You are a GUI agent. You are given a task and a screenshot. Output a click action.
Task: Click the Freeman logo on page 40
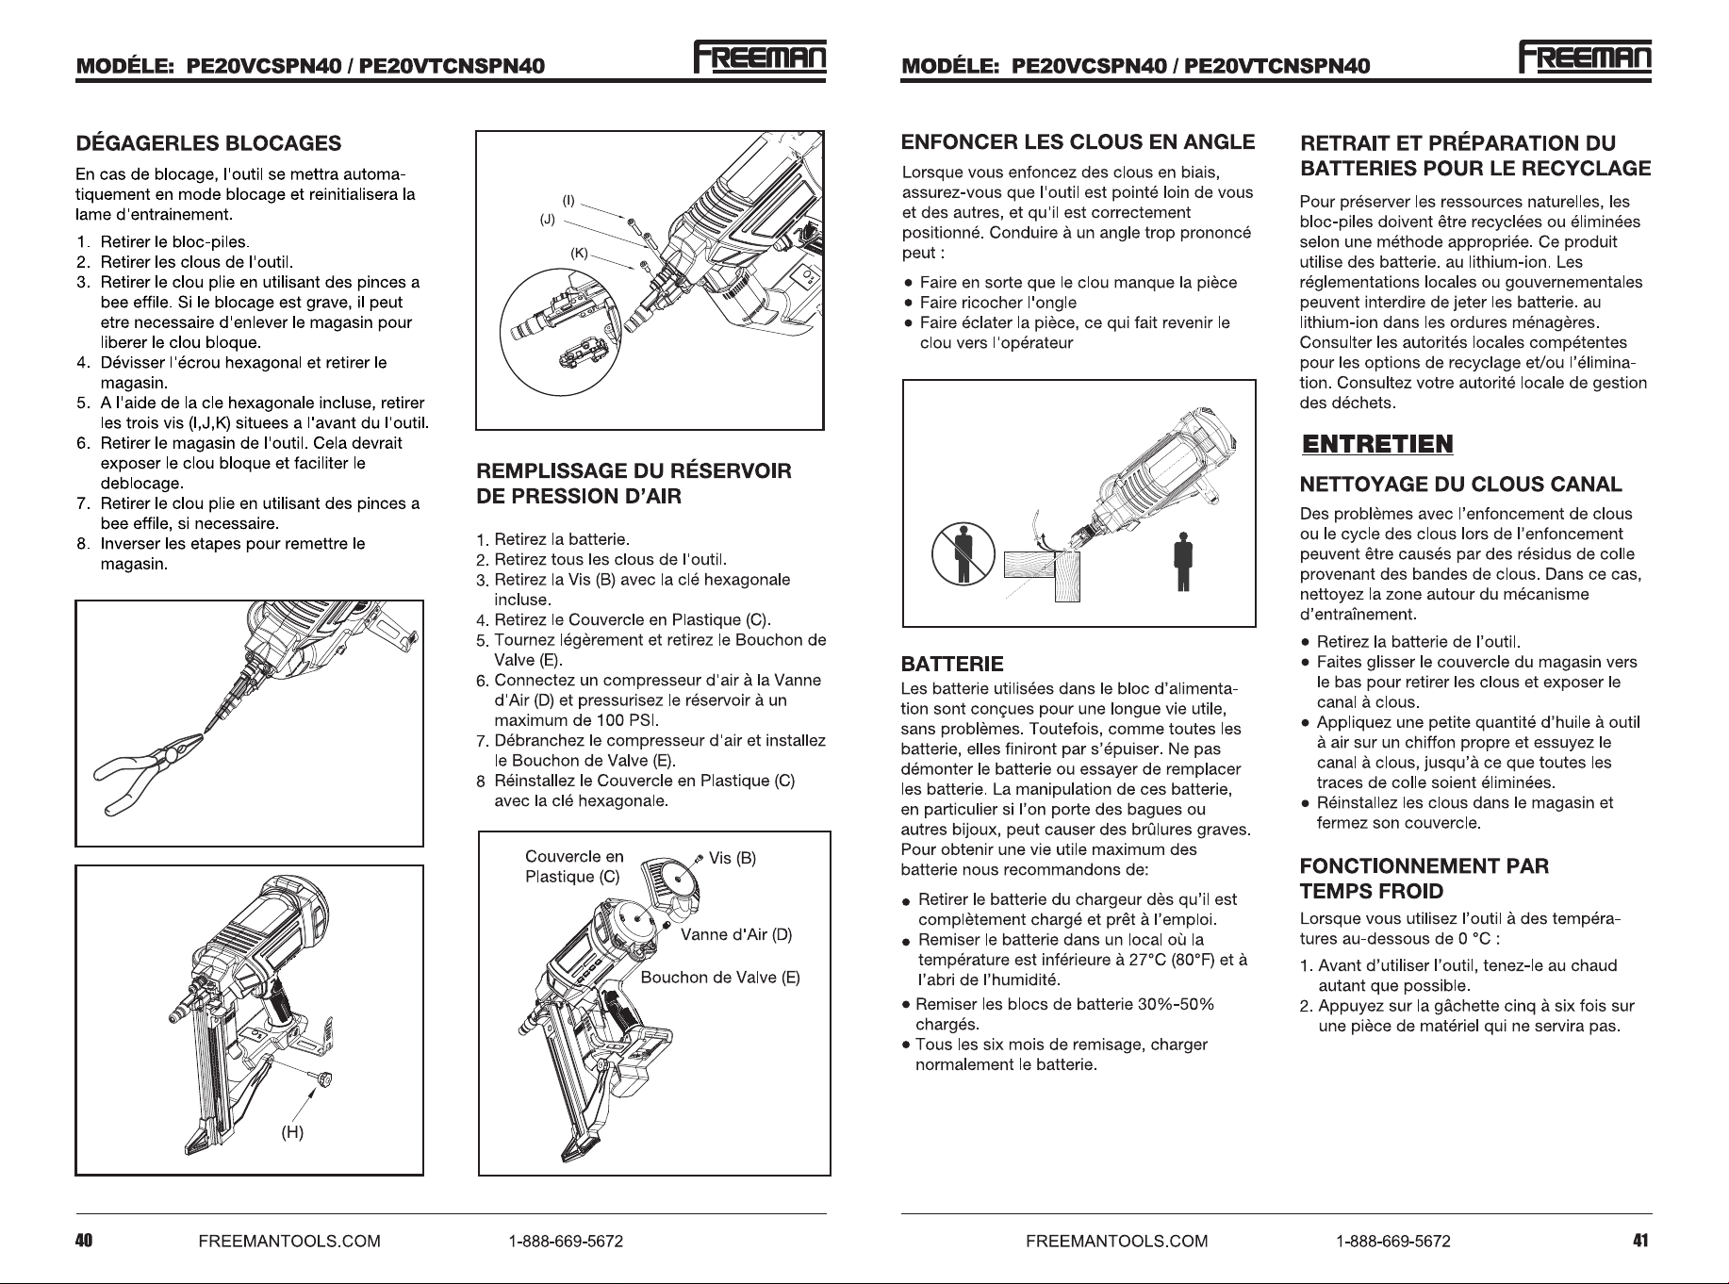point(760,58)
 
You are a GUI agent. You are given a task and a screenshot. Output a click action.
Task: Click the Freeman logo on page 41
point(1586,58)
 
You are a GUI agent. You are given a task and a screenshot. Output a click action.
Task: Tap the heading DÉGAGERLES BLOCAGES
point(208,143)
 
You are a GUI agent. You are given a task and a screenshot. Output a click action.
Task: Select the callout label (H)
point(293,1132)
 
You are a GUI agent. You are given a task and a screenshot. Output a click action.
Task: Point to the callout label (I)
point(568,201)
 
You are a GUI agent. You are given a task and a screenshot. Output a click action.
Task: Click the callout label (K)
point(580,253)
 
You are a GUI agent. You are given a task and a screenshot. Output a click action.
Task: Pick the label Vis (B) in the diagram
point(733,858)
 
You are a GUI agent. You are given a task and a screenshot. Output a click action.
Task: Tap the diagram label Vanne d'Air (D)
point(736,935)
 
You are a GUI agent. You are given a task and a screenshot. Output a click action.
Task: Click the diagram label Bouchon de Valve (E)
point(720,978)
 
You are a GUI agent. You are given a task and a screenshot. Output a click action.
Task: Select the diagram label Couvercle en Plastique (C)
point(574,867)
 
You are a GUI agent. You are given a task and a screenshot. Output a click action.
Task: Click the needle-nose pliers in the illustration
point(151,778)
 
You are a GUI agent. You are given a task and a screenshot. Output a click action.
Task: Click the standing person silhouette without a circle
point(1180,560)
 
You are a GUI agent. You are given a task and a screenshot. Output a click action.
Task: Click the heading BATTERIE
point(952,664)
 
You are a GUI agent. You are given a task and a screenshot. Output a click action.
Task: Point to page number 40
point(84,1241)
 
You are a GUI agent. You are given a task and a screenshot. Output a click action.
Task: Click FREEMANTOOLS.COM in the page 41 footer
point(1116,1241)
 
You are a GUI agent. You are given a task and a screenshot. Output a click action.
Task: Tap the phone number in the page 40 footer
point(566,1241)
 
